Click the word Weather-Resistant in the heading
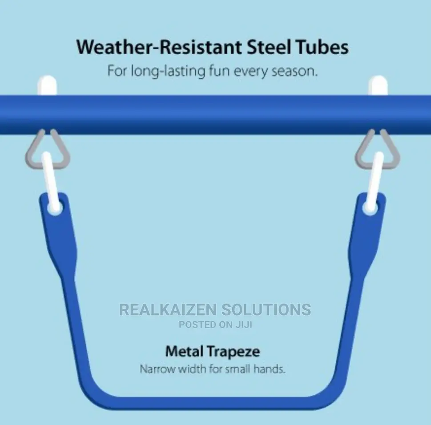[x=159, y=47]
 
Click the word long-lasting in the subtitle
[x=168, y=72]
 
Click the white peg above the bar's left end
[x=47, y=85]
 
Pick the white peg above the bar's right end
[x=378, y=85]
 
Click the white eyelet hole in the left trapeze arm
[x=55, y=208]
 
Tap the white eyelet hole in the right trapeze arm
[x=370, y=208]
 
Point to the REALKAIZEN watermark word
[x=168, y=309]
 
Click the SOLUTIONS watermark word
[x=266, y=309]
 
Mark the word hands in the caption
[x=270, y=369]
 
